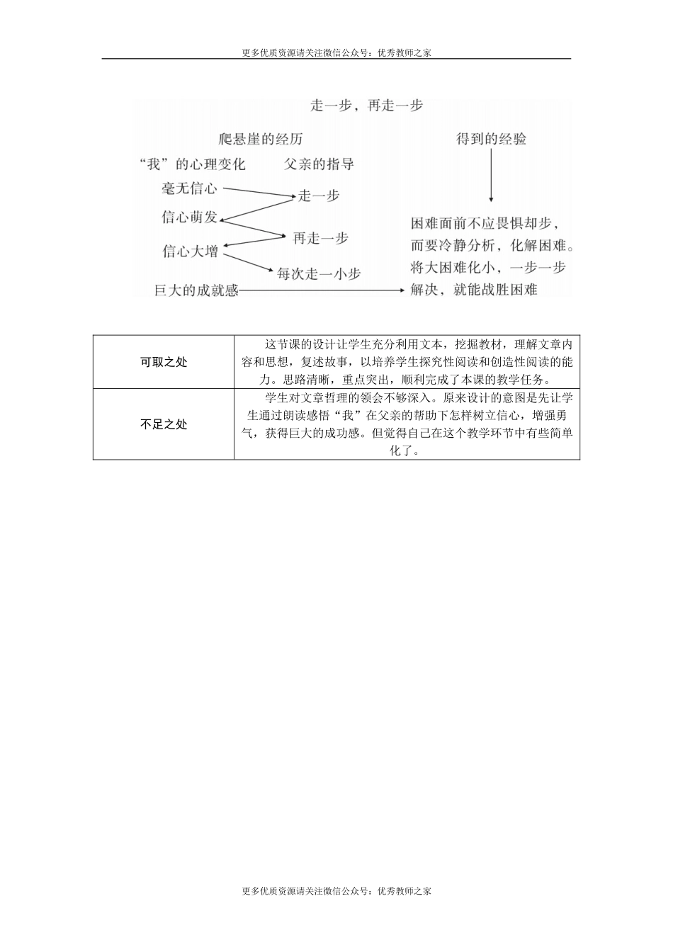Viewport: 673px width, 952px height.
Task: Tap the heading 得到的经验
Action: tap(491, 139)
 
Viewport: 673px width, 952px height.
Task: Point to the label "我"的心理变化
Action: tap(193, 164)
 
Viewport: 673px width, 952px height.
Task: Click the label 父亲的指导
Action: tap(319, 164)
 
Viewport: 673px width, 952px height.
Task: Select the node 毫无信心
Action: tap(189, 188)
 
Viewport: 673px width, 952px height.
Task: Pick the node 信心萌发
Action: tap(189, 217)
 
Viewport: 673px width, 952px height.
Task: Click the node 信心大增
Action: tap(190, 251)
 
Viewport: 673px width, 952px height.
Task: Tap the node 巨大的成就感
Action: tap(196, 290)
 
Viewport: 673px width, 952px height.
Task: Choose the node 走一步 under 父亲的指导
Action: tap(319, 196)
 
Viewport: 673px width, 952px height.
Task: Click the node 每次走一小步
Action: tap(318, 273)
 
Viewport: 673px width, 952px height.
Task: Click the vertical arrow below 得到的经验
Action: tap(491, 177)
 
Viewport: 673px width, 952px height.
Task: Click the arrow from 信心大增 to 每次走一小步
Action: tap(248, 262)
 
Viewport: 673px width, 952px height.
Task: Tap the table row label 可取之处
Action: tap(164, 362)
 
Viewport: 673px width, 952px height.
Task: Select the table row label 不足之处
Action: tap(164, 424)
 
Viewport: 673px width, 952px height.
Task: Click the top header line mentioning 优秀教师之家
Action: tap(336, 52)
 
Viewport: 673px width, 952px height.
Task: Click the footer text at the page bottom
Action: tap(336, 891)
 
